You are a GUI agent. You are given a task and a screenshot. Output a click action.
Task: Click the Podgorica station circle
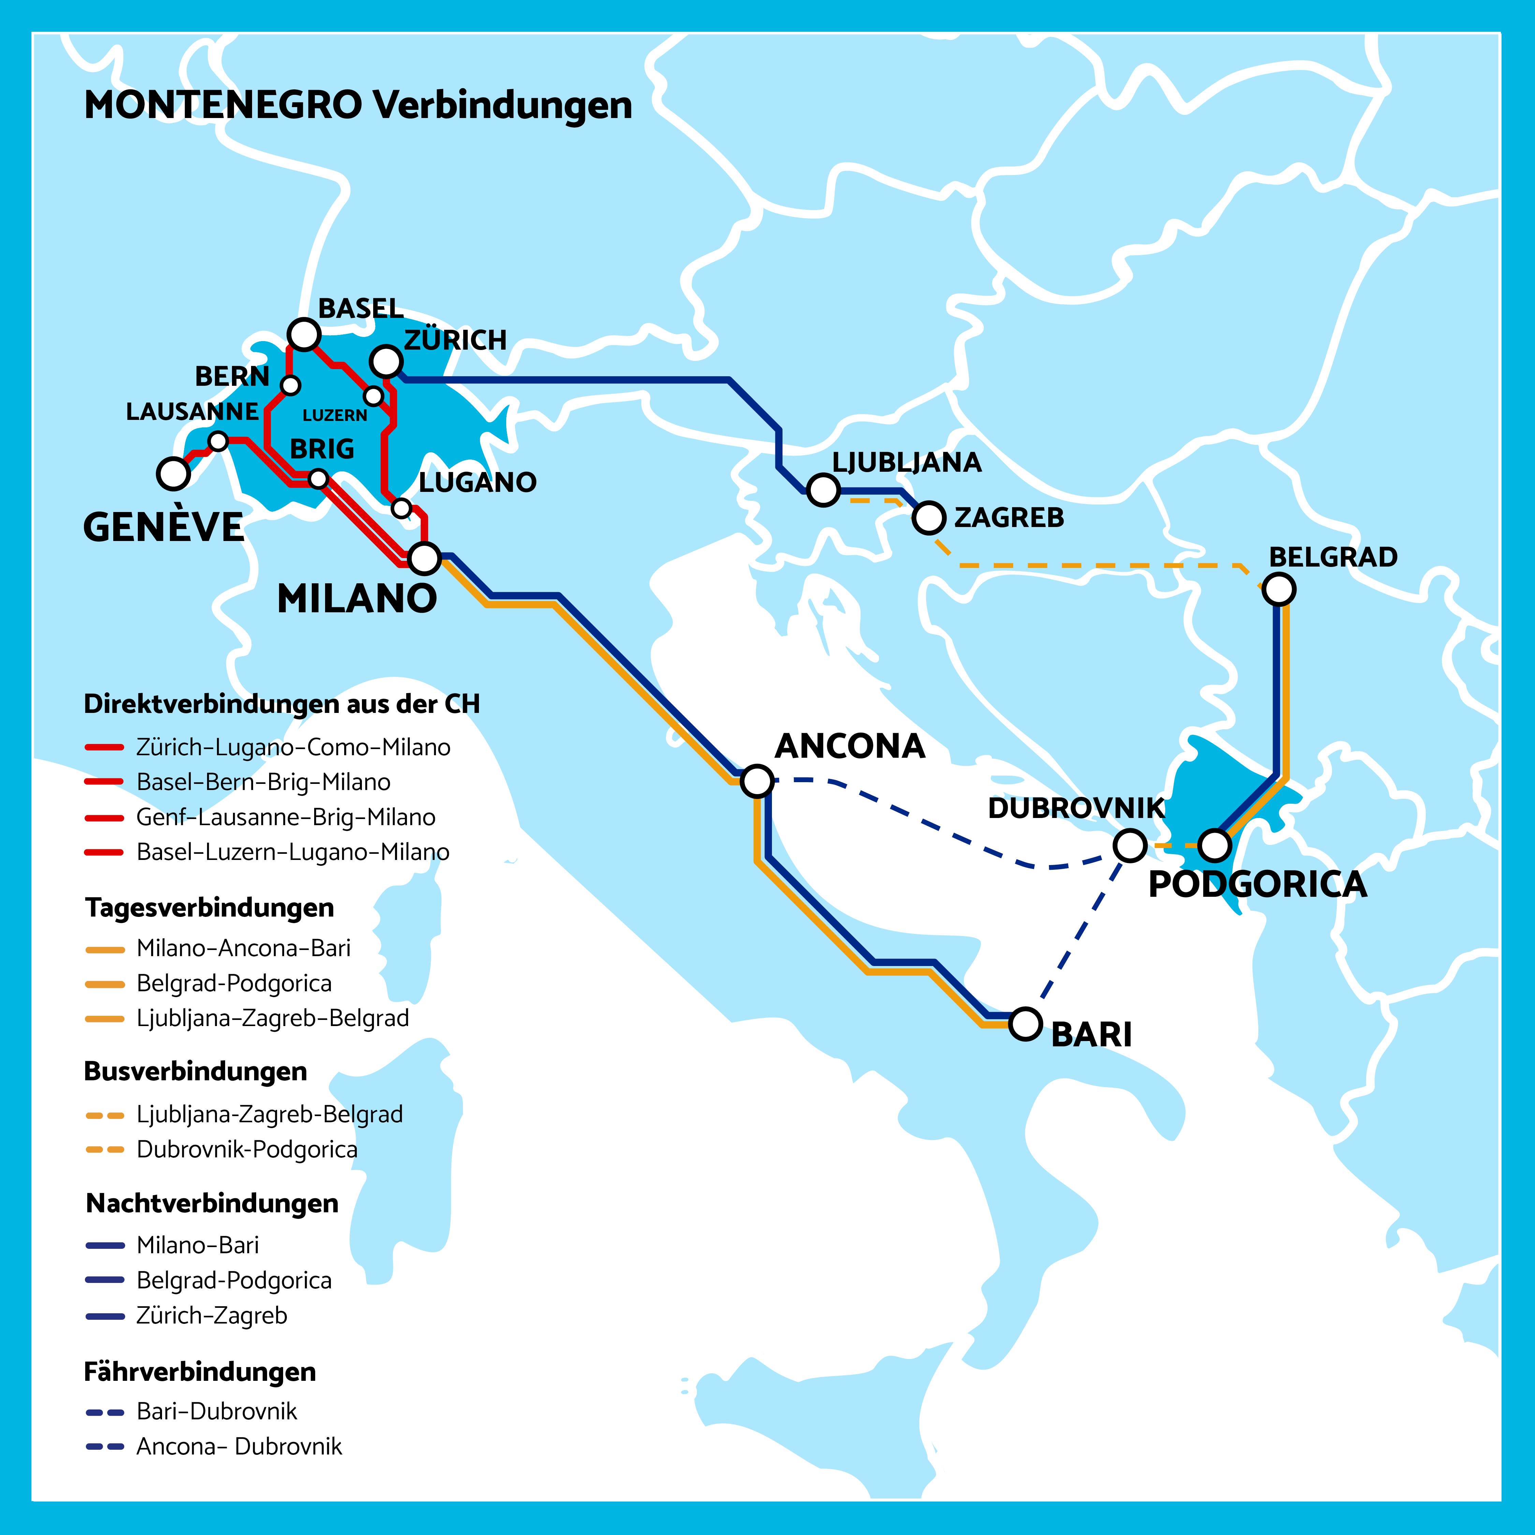(x=1214, y=845)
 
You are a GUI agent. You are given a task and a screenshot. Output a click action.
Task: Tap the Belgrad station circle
(x=1278, y=589)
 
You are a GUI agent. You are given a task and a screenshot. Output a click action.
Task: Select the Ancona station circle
(x=757, y=781)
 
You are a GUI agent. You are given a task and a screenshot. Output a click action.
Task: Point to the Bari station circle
(x=1025, y=1024)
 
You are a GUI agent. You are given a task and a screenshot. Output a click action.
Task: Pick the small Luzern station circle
(x=374, y=395)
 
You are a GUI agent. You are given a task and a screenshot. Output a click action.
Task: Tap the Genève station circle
(x=173, y=473)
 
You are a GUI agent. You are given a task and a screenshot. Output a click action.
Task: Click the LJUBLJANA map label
(x=907, y=463)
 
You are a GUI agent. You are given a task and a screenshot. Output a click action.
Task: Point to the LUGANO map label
(x=478, y=482)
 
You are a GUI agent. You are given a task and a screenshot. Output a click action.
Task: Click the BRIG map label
(x=322, y=449)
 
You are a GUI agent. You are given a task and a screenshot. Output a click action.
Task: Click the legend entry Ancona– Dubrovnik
(x=238, y=1446)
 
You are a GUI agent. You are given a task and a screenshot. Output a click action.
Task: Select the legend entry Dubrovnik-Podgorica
(x=246, y=1150)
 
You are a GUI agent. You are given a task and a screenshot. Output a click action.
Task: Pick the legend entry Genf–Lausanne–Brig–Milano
(x=285, y=817)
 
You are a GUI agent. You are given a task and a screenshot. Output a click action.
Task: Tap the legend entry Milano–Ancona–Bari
(x=243, y=948)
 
